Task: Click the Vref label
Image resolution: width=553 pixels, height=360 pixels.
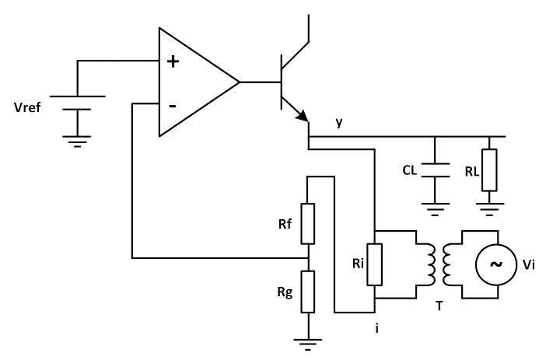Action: [x=27, y=107]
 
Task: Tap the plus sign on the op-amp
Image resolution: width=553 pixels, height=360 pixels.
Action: [x=173, y=61]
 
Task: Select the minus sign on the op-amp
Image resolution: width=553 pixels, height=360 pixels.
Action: [x=173, y=106]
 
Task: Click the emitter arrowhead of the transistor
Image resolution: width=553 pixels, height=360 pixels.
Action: [x=303, y=116]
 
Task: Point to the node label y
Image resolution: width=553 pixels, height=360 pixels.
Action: [x=339, y=122]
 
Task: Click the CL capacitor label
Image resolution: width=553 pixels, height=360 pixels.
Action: [x=409, y=170]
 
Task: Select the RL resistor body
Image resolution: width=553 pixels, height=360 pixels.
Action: [x=489, y=170]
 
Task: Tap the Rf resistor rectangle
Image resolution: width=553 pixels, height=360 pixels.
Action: [x=308, y=224]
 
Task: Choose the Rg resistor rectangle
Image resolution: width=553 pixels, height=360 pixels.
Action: [x=308, y=292]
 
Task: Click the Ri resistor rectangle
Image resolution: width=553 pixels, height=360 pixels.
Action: [x=375, y=264]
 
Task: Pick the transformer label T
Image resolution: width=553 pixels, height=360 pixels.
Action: [x=439, y=306]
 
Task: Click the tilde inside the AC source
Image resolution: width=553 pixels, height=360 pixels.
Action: [x=496, y=264]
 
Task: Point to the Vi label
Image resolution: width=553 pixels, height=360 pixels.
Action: [x=528, y=264]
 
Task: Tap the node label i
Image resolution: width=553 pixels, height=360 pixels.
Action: [x=377, y=329]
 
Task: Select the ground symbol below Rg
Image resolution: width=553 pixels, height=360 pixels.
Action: [x=308, y=344]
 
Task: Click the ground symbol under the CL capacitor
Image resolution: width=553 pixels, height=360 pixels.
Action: [x=436, y=209]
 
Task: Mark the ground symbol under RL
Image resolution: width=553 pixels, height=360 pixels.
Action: [x=489, y=209]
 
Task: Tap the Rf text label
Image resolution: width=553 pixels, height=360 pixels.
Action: [x=285, y=224]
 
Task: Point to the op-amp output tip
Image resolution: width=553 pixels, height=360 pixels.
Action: [x=240, y=82]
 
